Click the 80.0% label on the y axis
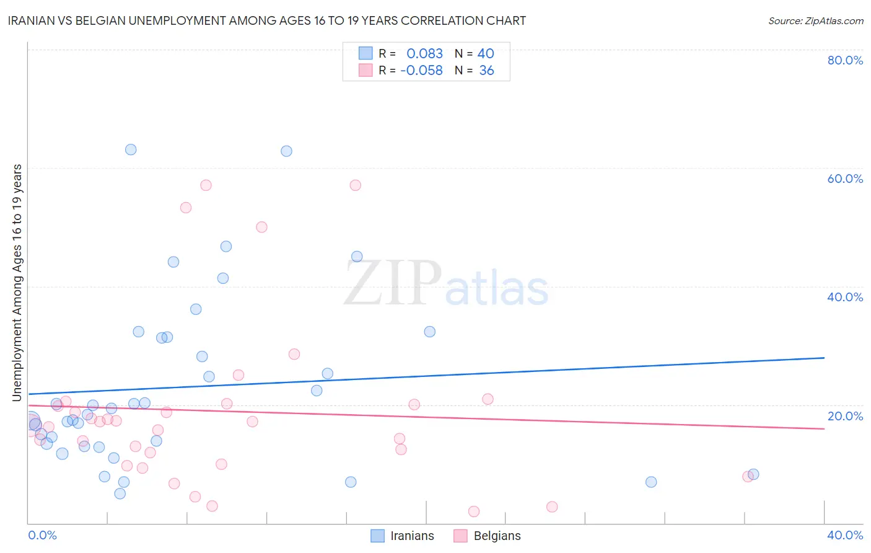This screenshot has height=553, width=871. pos(845,60)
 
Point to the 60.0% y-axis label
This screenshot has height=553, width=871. pos(845,179)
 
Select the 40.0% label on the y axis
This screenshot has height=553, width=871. pos(845,297)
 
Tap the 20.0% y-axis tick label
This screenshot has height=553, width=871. pos(845,416)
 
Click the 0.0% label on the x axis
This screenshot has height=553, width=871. pos(42,535)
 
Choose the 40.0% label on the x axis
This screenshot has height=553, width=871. pos(845,535)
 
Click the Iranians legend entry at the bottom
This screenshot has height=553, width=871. pos(412,536)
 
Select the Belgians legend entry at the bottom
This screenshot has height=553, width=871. pos(497,536)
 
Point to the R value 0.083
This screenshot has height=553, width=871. pos(424,54)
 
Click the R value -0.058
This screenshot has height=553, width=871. pos(421,71)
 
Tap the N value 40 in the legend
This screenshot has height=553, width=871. pos(486,54)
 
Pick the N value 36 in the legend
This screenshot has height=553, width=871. pos(486,71)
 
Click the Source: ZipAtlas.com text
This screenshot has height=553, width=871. pos(815,21)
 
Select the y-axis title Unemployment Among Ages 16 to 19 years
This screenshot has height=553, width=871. pos(17,283)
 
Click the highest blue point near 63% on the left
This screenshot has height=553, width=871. pos(131,149)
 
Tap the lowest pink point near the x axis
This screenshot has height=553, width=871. pos(474,511)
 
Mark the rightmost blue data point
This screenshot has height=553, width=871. pos(753,474)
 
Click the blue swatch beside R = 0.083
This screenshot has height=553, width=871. pos(366,54)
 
